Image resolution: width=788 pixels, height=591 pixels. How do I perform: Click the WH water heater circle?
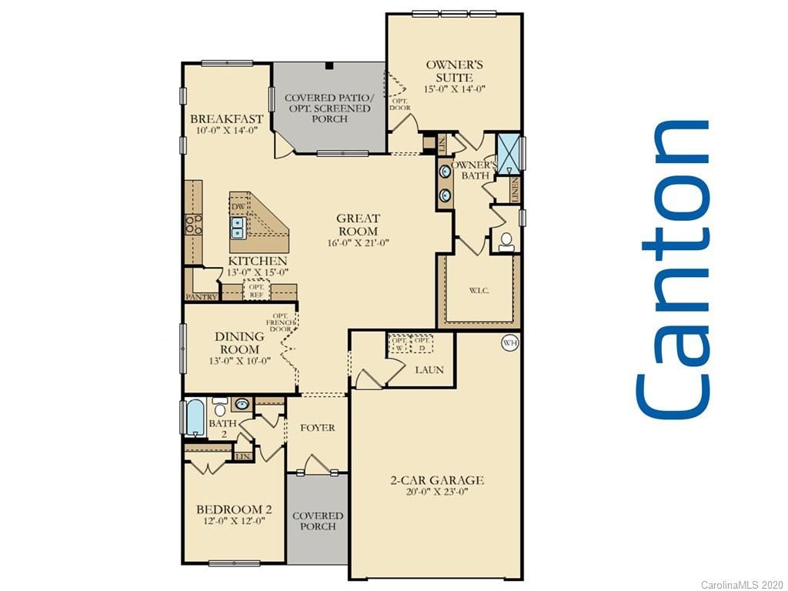pos(509,343)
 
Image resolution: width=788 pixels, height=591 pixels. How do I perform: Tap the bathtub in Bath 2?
pos(195,418)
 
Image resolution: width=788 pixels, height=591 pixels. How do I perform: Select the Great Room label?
pos(358,225)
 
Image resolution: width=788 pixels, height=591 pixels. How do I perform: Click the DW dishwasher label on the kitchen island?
pos(238,207)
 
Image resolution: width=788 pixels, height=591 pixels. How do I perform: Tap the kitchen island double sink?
pos(238,228)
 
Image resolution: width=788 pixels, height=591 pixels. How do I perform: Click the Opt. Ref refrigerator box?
pos(256,291)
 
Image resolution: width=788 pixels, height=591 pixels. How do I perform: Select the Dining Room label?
pos(239,342)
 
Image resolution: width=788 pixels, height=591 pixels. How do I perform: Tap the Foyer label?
pos(317,428)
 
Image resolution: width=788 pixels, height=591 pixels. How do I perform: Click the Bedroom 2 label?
pos(234,509)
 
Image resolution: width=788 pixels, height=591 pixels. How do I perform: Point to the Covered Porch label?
pos(318,521)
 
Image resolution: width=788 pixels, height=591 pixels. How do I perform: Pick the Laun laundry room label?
pos(429,370)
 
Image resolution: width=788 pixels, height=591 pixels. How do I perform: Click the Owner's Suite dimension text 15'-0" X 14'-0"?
pos(454,88)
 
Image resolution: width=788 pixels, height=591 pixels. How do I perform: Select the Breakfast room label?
pos(226,119)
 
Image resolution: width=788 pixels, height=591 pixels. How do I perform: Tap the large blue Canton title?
pos(672,269)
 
